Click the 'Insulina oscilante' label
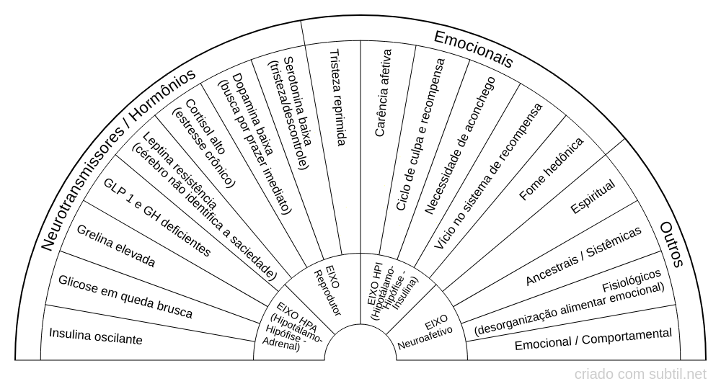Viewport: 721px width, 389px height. [x=96, y=336]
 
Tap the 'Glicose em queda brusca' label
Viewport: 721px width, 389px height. [x=125, y=297]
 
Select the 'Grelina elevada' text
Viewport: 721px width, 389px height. [x=116, y=246]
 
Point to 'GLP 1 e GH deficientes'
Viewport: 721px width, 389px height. [x=157, y=218]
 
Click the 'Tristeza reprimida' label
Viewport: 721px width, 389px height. [x=338, y=97]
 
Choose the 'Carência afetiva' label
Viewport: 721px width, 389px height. [x=383, y=93]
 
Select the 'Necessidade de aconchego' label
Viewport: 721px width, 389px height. [x=460, y=146]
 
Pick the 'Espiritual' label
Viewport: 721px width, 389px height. [x=593, y=197]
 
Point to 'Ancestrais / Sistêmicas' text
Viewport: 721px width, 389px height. [x=583, y=256]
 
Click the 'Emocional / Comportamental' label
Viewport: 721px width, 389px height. [x=593, y=339]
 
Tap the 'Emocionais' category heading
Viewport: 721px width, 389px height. [x=473, y=49]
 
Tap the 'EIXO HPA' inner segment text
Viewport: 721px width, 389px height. [x=293, y=326]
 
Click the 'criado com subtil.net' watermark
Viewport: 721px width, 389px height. [x=640, y=375]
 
